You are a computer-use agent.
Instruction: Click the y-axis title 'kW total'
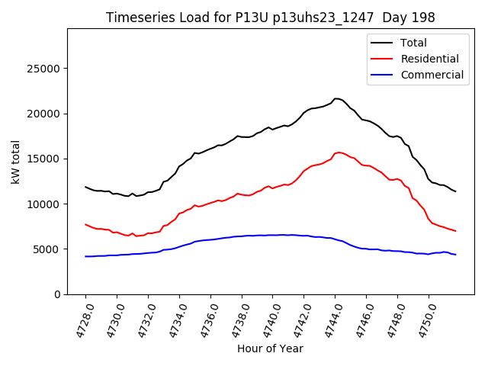point(15,161)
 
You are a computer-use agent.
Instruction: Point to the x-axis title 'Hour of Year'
point(270,348)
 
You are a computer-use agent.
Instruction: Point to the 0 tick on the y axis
point(59,294)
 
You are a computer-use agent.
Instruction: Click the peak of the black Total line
point(336,98)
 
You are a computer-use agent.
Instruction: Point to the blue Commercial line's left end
point(85,256)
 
